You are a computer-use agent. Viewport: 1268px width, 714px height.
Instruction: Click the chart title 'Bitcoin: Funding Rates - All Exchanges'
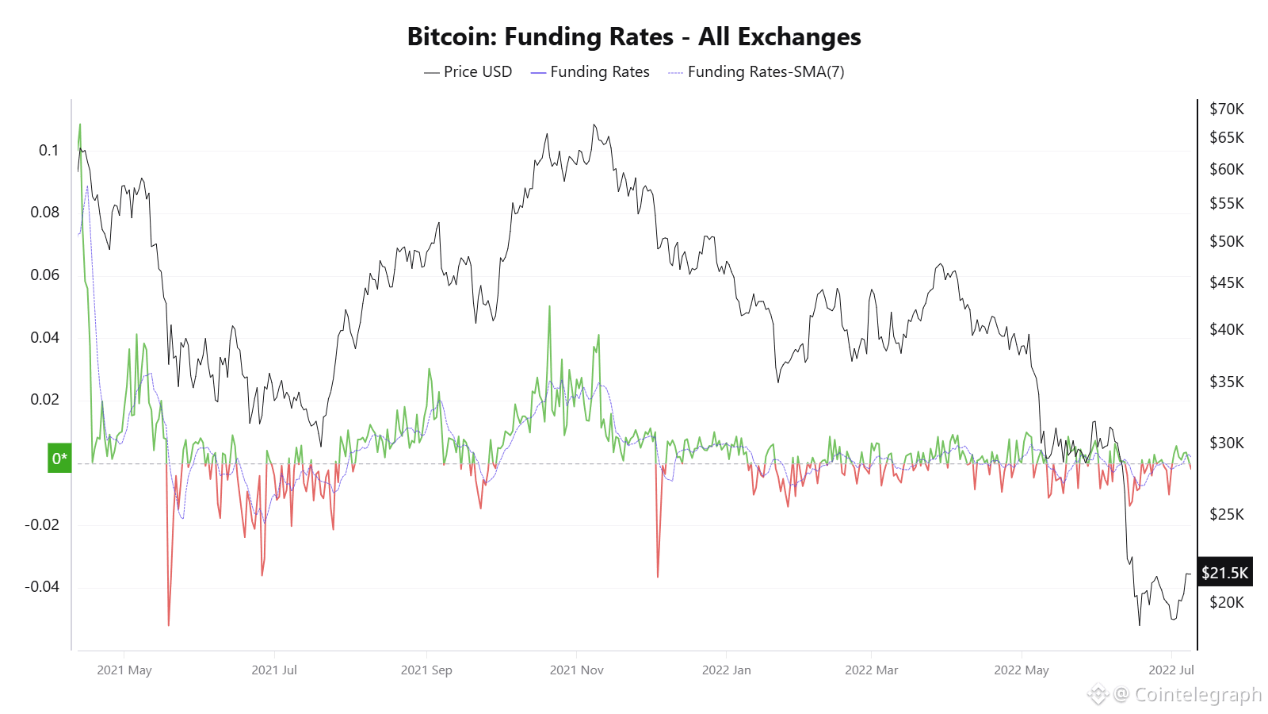point(633,36)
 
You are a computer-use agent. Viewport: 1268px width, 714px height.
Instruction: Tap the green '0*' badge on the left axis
point(59,458)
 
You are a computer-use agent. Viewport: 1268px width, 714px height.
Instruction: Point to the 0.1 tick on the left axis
point(48,150)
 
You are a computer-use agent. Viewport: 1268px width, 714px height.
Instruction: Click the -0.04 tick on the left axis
point(42,586)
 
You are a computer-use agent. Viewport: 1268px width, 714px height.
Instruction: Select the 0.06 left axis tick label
point(44,274)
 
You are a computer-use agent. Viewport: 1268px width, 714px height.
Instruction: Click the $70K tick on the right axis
point(1226,109)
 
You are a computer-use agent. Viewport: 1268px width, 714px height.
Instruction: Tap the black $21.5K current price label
point(1224,572)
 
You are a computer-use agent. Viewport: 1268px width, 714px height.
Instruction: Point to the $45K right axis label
point(1226,282)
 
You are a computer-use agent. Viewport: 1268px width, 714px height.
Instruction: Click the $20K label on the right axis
point(1226,602)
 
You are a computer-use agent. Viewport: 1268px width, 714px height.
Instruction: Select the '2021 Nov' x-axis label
point(576,670)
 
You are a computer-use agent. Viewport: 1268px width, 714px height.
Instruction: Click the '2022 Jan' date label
point(726,670)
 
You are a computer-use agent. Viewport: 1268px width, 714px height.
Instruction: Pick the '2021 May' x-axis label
point(124,670)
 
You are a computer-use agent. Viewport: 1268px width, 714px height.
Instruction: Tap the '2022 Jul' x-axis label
point(1171,670)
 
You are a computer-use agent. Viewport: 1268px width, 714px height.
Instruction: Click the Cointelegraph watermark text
point(1197,694)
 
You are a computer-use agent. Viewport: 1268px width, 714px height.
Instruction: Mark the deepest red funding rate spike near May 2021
point(169,623)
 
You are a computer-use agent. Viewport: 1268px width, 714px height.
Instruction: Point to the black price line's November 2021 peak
point(594,125)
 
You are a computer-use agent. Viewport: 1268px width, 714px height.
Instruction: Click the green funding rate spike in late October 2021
point(549,308)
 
